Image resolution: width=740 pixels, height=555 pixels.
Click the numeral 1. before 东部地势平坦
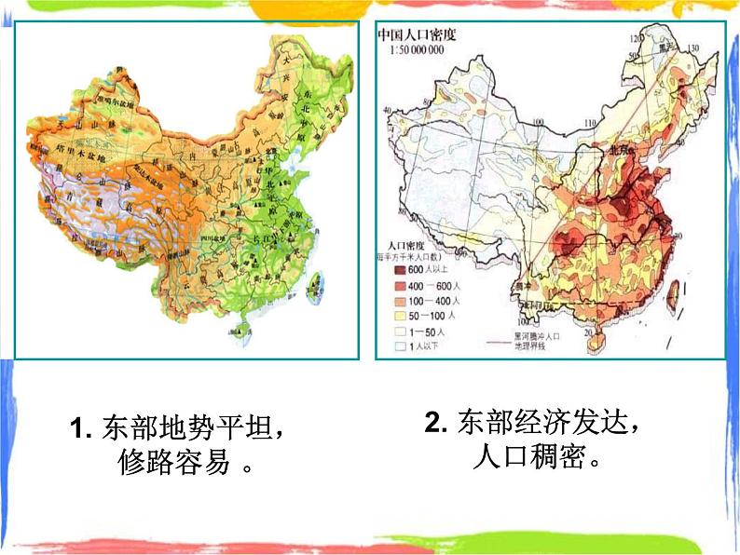(x=79, y=429)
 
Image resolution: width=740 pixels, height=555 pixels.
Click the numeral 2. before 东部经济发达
(x=438, y=424)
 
